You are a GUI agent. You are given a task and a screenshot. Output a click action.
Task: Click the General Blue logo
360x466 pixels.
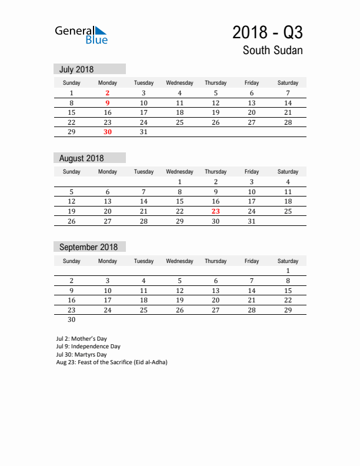pos(81,35)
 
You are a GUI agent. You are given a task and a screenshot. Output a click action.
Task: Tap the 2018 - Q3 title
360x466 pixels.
pos(267,32)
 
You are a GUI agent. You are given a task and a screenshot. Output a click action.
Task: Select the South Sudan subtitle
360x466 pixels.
pos(272,50)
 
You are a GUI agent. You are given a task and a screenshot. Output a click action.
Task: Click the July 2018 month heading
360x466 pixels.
pos(76,69)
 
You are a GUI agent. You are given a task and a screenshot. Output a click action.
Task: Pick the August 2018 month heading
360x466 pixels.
pos(81,158)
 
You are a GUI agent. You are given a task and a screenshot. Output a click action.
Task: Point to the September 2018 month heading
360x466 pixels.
pos(88,247)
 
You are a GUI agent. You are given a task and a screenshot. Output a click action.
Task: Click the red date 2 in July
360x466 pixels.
pos(108,93)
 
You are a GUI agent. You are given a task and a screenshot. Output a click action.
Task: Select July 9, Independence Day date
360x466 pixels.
pos(108,103)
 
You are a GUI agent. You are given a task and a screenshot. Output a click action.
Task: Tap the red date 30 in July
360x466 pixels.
pos(108,132)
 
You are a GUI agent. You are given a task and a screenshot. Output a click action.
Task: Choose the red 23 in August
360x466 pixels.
pos(216,211)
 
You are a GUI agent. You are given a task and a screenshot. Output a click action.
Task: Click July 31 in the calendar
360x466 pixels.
pos(144,132)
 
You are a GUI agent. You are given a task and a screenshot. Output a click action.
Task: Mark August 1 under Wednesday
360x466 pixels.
pos(180,182)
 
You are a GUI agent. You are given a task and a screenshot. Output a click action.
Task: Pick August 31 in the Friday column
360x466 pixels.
pos(252,221)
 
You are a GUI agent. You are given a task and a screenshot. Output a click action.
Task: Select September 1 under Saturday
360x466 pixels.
pos(288,271)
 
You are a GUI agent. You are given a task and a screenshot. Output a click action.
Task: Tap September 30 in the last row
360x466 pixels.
pos(72,320)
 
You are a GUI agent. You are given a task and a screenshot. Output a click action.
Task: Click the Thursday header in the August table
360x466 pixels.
pos(216,172)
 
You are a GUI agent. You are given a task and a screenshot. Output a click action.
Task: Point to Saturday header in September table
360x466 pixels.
pos(288,261)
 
